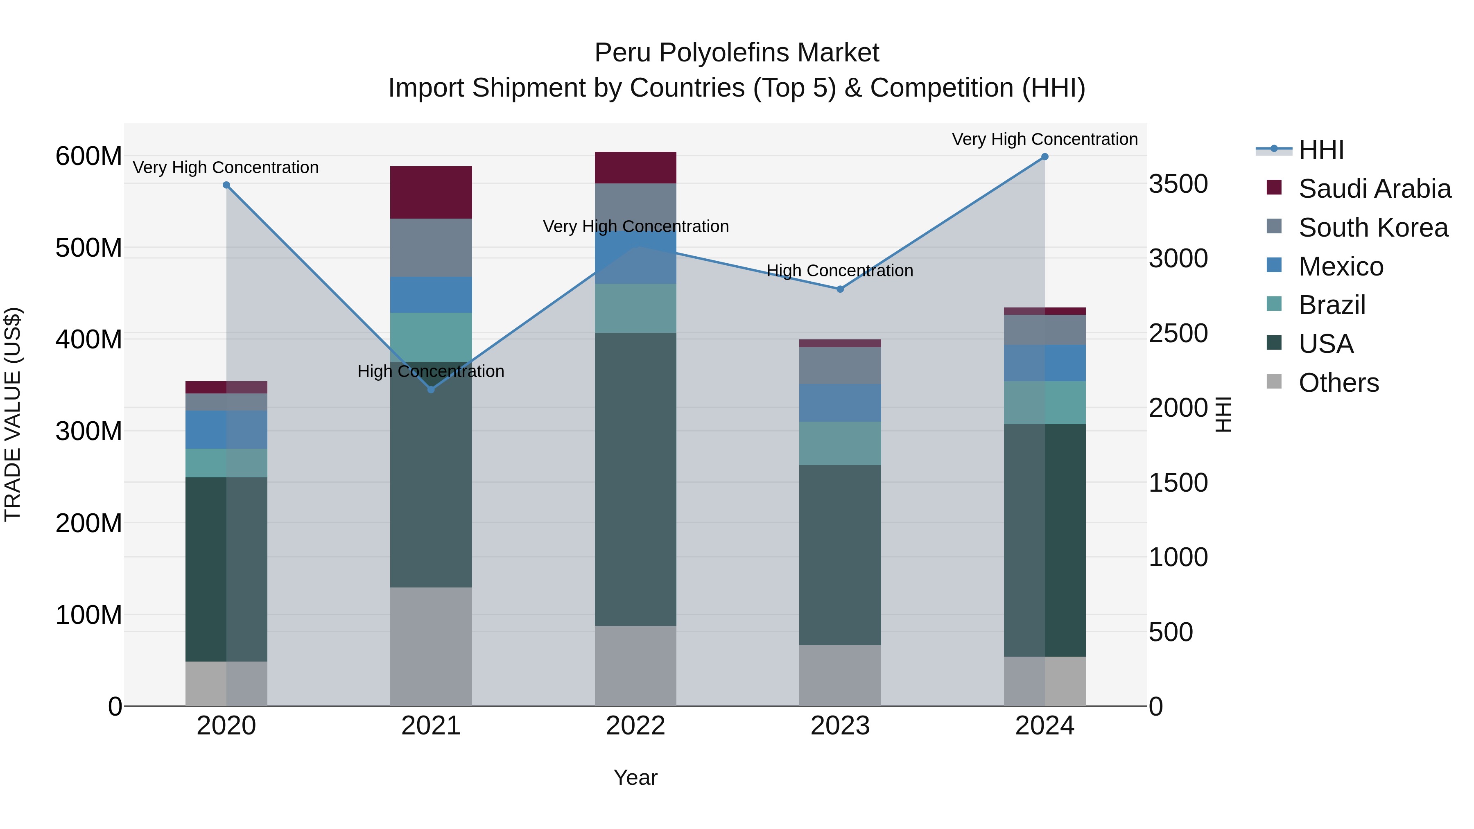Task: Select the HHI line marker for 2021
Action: [431, 390]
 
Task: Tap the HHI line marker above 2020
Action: [226, 185]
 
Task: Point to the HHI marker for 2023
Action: [840, 289]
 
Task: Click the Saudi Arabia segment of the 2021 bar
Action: [431, 192]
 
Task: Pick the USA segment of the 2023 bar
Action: [840, 555]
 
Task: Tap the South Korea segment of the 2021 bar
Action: [431, 247]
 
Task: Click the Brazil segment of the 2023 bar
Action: [840, 443]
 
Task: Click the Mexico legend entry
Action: [1341, 267]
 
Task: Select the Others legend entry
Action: [1338, 383]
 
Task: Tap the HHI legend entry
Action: [1320, 150]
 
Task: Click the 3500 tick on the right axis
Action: [1178, 184]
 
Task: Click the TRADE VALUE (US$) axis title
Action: [13, 414]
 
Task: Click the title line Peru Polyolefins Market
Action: [737, 53]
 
